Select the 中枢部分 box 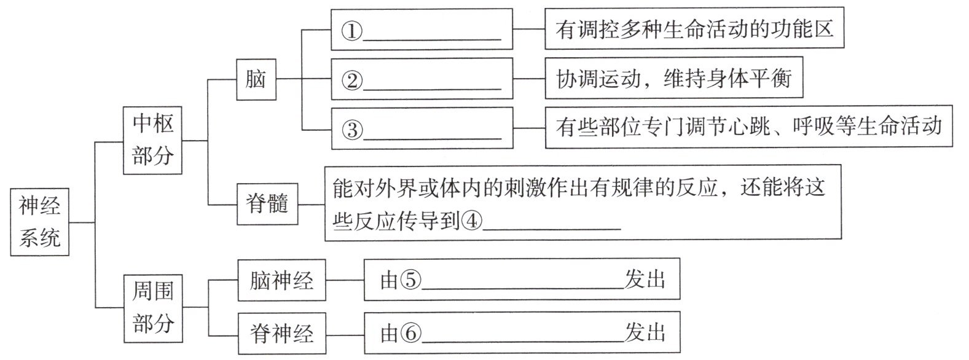pos(153,140)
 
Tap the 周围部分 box pos(153,307)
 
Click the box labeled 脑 pos(256,79)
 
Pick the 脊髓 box pos(267,203)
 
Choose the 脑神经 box pos(281,280)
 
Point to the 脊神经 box pos(281,334)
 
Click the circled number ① pos(352,31)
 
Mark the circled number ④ pos(471,221)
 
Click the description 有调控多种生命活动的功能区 pos(694,29)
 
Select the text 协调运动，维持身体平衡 pos(674,79)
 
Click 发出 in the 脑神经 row pos(645,280)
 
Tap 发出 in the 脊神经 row pos(645,332)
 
